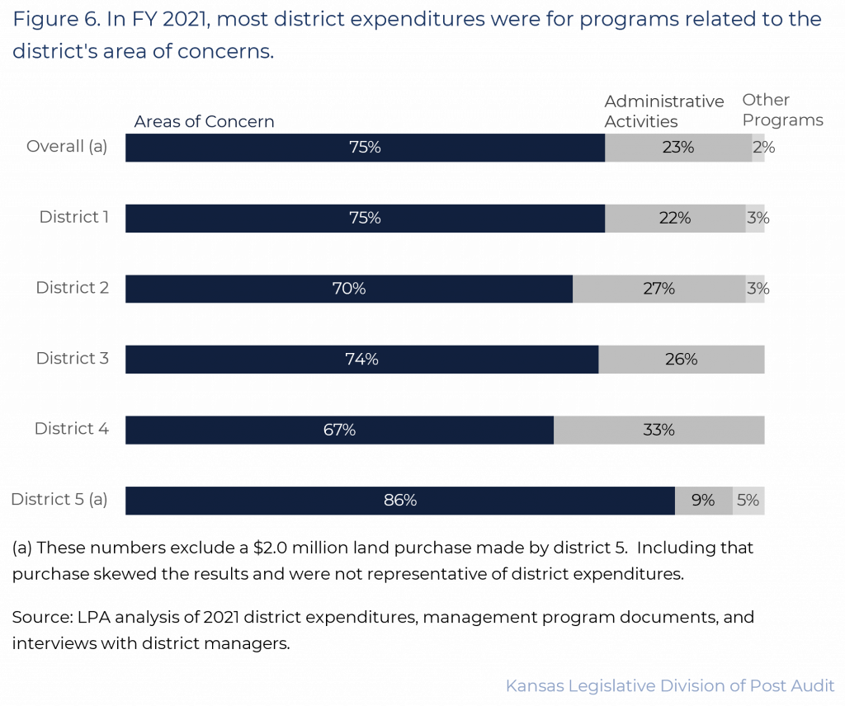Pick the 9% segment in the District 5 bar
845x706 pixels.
click(703, 501)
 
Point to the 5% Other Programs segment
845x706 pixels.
click(748, 501)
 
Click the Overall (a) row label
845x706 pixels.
click(67, 147)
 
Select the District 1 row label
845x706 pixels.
click(74, 218)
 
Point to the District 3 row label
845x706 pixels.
click(73, 359)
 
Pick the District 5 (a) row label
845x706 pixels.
click(59, 500)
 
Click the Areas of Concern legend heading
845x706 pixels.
click(204, 122)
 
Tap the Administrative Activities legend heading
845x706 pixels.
click(663, 111)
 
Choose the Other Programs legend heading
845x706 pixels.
click(782, 111)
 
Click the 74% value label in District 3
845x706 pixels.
click(361, 360)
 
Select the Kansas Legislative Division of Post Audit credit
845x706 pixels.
click(669, 686)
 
